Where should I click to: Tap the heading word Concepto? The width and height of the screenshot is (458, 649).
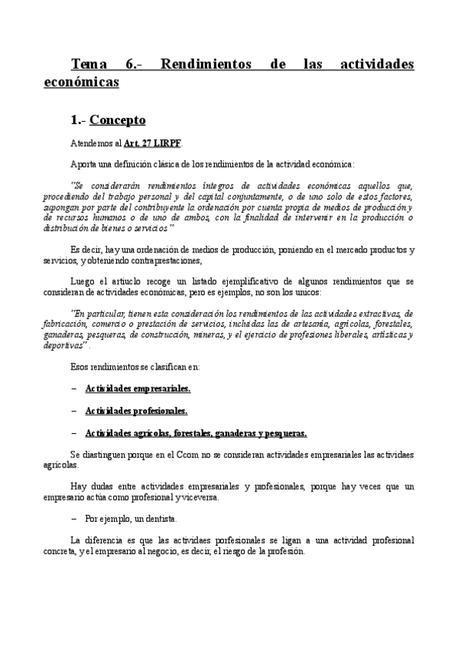point(118,120)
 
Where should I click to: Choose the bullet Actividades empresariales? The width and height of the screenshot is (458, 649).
point(138,388)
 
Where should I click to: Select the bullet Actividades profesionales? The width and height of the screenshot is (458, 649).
point(136,410)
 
